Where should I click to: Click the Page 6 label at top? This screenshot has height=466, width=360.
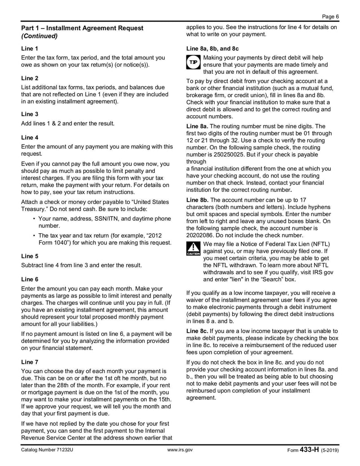point(330,16)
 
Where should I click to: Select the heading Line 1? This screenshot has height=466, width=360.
point(30,48)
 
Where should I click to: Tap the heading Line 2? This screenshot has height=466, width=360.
point(30,78)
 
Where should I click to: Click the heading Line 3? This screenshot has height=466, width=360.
point(30,114)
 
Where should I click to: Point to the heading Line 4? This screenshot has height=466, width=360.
point(30,137)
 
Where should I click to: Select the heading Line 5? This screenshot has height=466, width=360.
point(30,256)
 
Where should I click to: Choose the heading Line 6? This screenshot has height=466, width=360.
point(30,279)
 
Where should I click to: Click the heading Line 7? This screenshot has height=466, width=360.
point(30,362)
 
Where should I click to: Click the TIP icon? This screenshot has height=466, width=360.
point(193,63)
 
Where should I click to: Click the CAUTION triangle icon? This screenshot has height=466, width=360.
point(193,249)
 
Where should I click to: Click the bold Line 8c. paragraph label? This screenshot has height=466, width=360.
point(197,331)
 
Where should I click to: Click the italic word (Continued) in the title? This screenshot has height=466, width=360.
point(40,36)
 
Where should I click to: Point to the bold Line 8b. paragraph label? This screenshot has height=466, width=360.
point(197,199)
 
